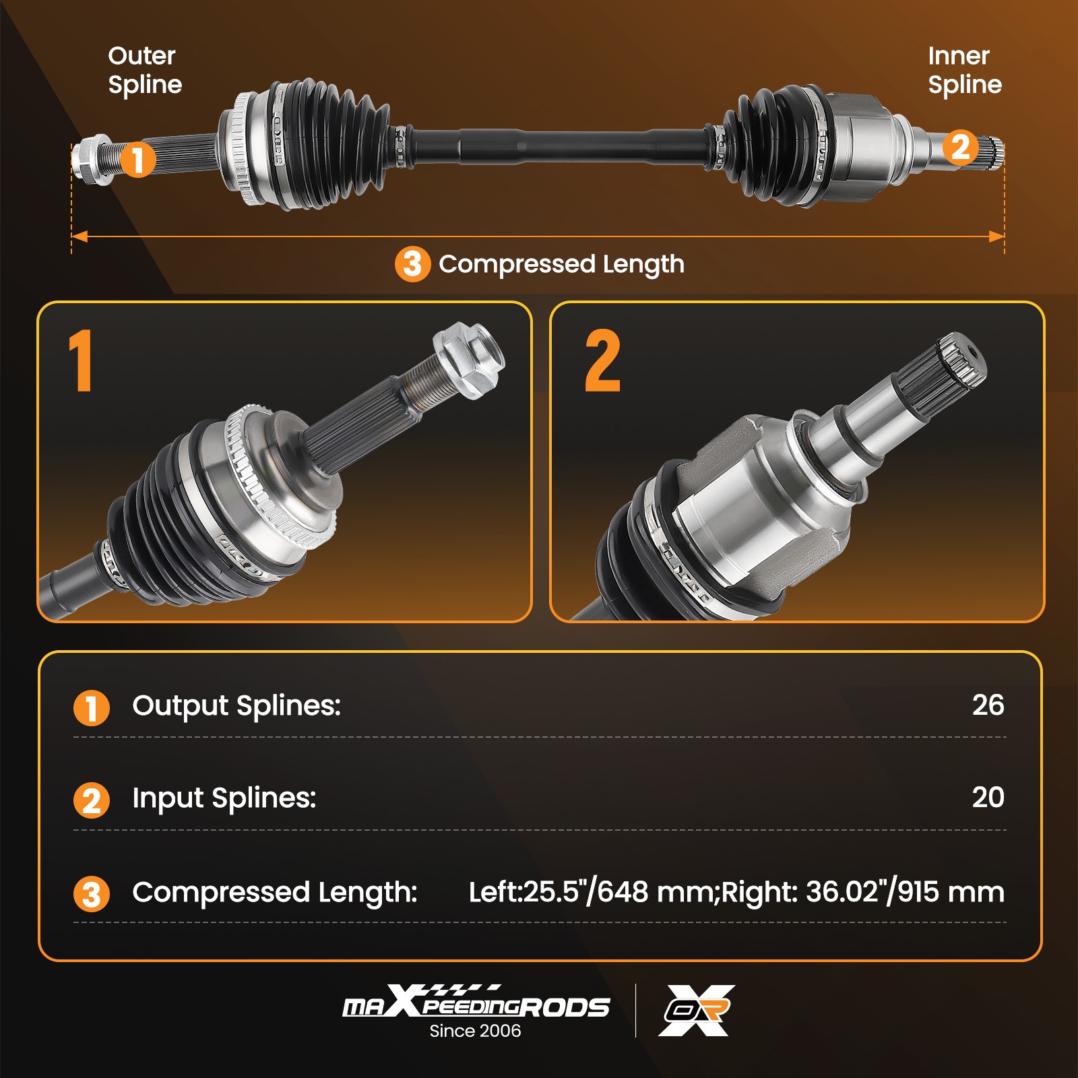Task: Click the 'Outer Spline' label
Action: pos(145,70)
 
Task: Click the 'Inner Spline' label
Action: pos(964,70)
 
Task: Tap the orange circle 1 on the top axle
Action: pos(137,160)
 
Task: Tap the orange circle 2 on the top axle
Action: pos(959,148)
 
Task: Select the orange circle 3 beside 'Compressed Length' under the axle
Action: pos(412,264)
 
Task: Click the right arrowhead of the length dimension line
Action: pos(996,236)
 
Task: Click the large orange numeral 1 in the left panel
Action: pos(81,360)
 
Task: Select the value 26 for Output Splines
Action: pos(988,705)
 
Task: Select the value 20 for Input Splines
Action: pos(988,798)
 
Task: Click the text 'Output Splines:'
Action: pos(236,706)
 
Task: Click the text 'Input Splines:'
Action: pos(224,798)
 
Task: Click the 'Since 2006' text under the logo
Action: pos(475,1031)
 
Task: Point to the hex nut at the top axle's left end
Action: pos(91,160)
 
